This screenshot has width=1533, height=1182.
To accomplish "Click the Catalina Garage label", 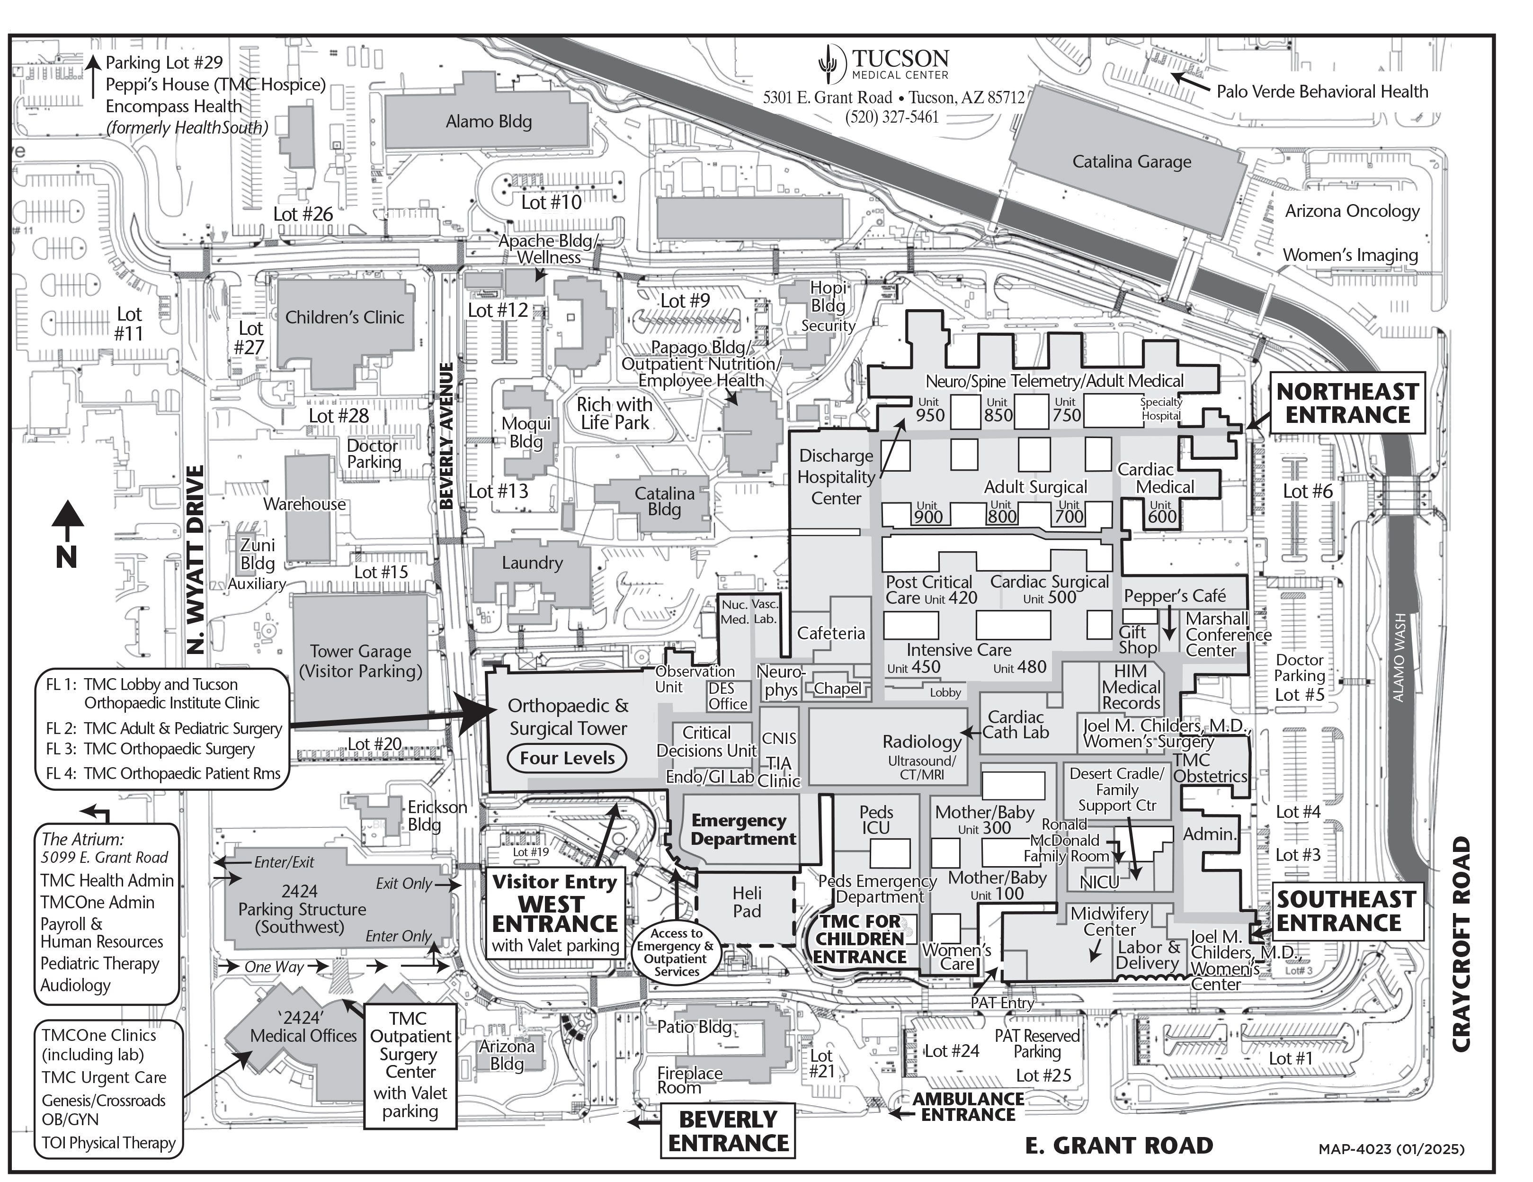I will [x=1132, y=162].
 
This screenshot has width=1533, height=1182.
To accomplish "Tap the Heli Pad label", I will [x=746, y=903].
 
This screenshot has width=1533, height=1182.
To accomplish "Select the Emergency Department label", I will [x=743, y=830].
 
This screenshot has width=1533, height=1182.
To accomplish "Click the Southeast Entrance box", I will [x=1338, y=911].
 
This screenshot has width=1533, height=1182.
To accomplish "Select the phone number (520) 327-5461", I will [x=891, y=117].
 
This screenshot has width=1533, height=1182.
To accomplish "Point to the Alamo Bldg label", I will [x=489, y=121].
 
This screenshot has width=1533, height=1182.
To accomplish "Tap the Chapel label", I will [x=838, y=689].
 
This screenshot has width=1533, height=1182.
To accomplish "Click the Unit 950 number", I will [x=930, y=415].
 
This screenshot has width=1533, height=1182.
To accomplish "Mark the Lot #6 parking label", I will [x=1307, y=492].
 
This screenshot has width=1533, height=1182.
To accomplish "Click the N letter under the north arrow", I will [x=67, y=557].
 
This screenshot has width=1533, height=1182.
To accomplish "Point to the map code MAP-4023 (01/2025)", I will [x=1391, y=1149].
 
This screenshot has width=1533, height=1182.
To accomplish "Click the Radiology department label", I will [x=922, y=742].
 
